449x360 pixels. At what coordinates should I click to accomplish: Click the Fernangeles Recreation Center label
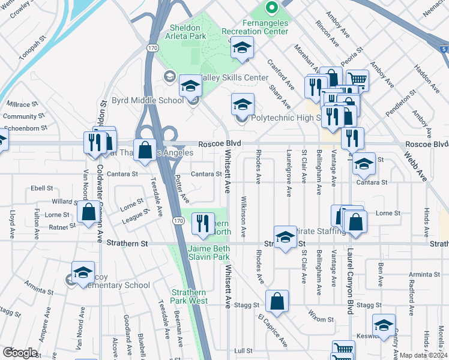click(246, 26)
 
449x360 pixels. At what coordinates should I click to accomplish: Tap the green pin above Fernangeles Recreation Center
click(271, 8)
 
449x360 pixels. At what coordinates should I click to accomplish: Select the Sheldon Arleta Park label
click(179, 32)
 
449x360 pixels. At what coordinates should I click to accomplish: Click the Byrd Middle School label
click(148, 100)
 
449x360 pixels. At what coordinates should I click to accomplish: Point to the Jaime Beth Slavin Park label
click(209, 253)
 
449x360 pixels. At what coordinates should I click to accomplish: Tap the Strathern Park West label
click(188, 296)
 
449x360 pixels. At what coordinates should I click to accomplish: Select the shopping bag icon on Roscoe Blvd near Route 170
click(145, 150)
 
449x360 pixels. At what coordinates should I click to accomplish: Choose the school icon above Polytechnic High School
click(243, 104)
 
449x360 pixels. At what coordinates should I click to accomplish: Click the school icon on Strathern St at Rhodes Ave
click(285, 236)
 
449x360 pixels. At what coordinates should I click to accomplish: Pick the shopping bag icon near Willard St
click(89, 212)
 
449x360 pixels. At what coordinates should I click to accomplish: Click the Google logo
click(20, 353)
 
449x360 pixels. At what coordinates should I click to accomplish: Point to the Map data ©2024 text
click(424, 355)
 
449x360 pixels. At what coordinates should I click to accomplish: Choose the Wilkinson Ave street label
click(244, 215)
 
